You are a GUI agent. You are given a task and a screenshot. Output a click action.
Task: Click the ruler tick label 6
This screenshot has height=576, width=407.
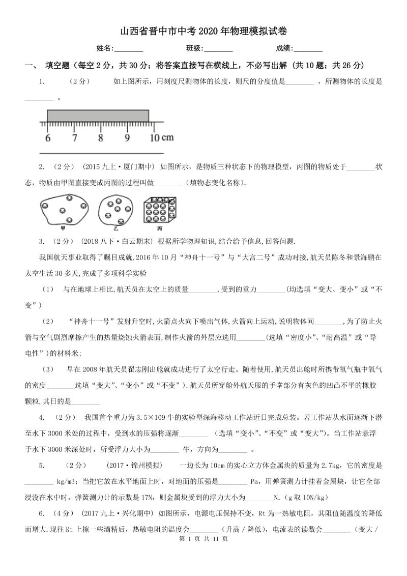point(48,138)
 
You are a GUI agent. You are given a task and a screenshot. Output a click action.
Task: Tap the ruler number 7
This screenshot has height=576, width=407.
point(74,138)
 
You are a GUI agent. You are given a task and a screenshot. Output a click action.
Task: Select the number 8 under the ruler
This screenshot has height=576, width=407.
point(101,138)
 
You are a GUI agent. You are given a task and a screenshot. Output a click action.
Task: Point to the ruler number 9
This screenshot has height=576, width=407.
point(127,138)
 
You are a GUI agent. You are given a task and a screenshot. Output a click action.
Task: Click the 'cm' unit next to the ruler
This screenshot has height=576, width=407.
point(168,137)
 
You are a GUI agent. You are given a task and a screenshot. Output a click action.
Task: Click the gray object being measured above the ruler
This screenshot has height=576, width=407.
point(98,116)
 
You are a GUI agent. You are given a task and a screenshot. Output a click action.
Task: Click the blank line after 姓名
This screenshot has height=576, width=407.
point(129,49)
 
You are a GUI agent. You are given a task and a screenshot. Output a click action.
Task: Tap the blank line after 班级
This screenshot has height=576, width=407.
point(218,49)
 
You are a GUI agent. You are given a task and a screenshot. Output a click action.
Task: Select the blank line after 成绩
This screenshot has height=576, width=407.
point(308,49)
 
